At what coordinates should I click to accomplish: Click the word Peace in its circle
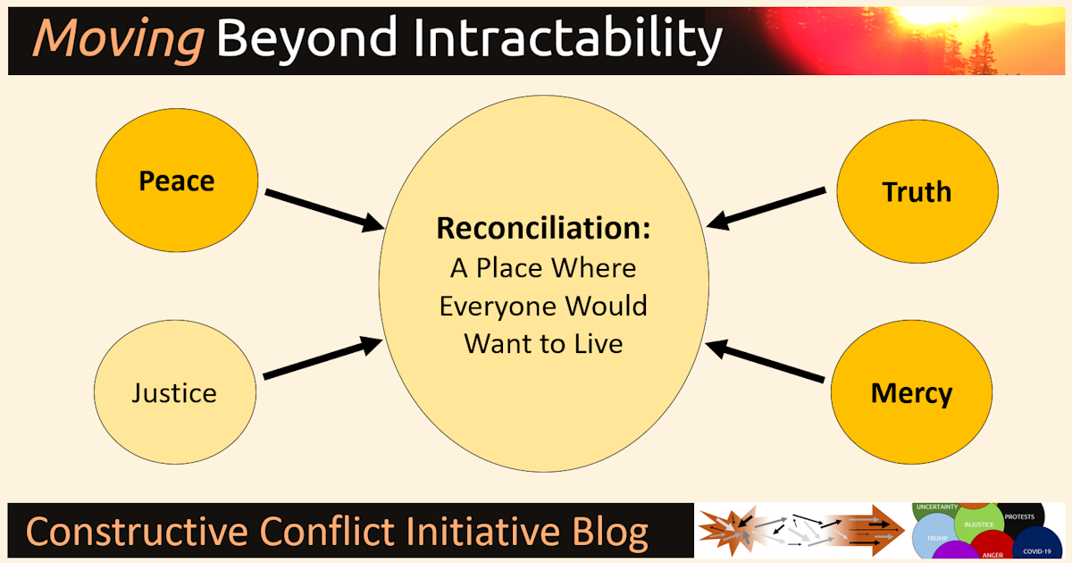click(x=177, y=181)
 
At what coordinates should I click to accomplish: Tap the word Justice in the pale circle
click(x=174, y=392)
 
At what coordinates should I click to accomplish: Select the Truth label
click(x=917, y=191)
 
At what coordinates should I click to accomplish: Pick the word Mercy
click(x=911, y=393)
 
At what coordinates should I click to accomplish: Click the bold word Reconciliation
click(x=543, y=228)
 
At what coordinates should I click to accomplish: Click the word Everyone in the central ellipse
click(x=499, y=307)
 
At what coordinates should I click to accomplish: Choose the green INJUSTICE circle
click(x=979, y=525)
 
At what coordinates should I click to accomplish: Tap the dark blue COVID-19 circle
click(x=1039, y=545)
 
